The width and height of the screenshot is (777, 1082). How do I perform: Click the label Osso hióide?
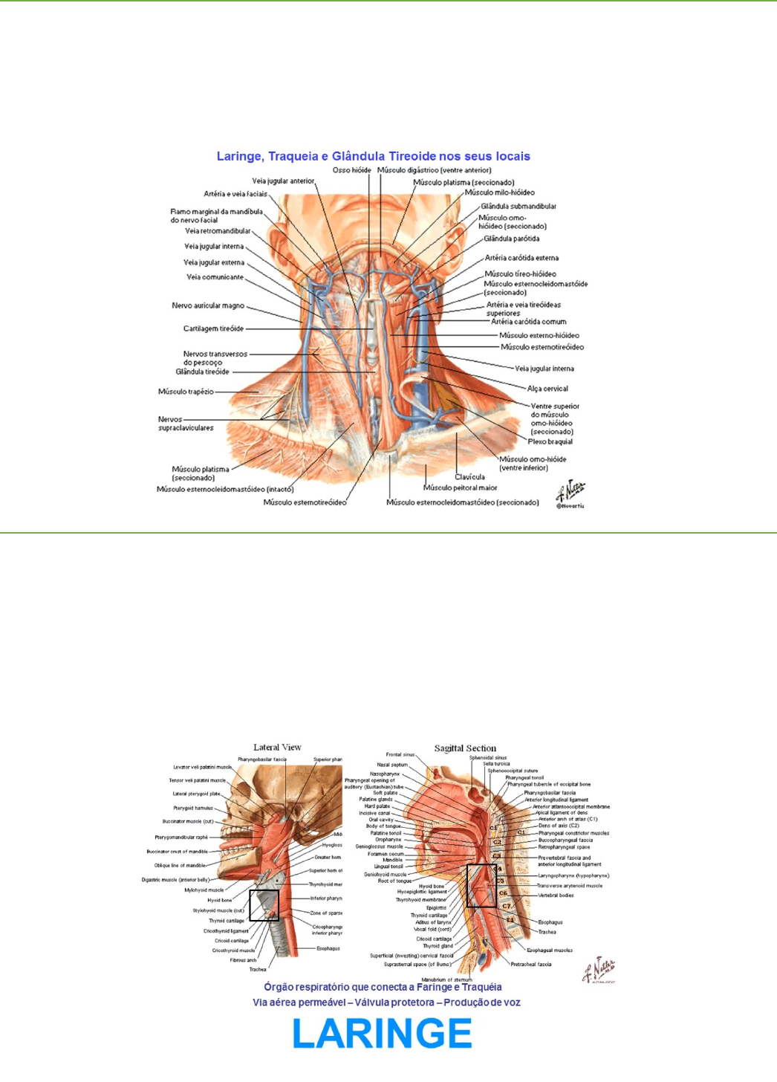[x=351, y=170]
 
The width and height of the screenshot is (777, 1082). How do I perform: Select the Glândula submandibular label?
[x=518, y=207]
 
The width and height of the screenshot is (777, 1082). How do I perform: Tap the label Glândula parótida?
[x=511, y=239]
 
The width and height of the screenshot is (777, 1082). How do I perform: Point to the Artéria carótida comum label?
[x=528, y=322]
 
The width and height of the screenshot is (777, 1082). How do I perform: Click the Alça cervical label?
[x=547, y=389]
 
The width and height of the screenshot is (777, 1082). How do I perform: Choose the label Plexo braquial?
[x=550, y=441]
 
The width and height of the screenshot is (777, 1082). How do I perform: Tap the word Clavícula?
[x=469, y=477]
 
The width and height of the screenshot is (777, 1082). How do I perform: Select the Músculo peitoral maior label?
[x=460, y=487]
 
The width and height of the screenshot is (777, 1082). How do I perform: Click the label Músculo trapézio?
[x=186, y=392]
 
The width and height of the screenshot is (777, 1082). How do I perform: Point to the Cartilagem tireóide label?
[x=213, y=328]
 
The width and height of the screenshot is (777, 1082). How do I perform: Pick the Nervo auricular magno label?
[x=208, y=305]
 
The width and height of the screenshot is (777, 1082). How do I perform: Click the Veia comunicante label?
[x=215, y=277]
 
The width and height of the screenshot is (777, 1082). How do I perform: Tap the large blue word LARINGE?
[x=383, y=1034]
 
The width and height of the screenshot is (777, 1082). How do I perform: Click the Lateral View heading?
[x=277, y=748]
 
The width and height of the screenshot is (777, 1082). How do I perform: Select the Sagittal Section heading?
[x=465, y=748]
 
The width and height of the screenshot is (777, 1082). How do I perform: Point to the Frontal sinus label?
[x=400, y=754]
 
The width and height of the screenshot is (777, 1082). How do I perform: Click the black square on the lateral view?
[x=264, y=906]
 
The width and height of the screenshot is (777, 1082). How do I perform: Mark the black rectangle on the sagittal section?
[x=481, y=885]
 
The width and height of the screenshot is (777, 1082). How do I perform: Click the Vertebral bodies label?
[x=556, y=895]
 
